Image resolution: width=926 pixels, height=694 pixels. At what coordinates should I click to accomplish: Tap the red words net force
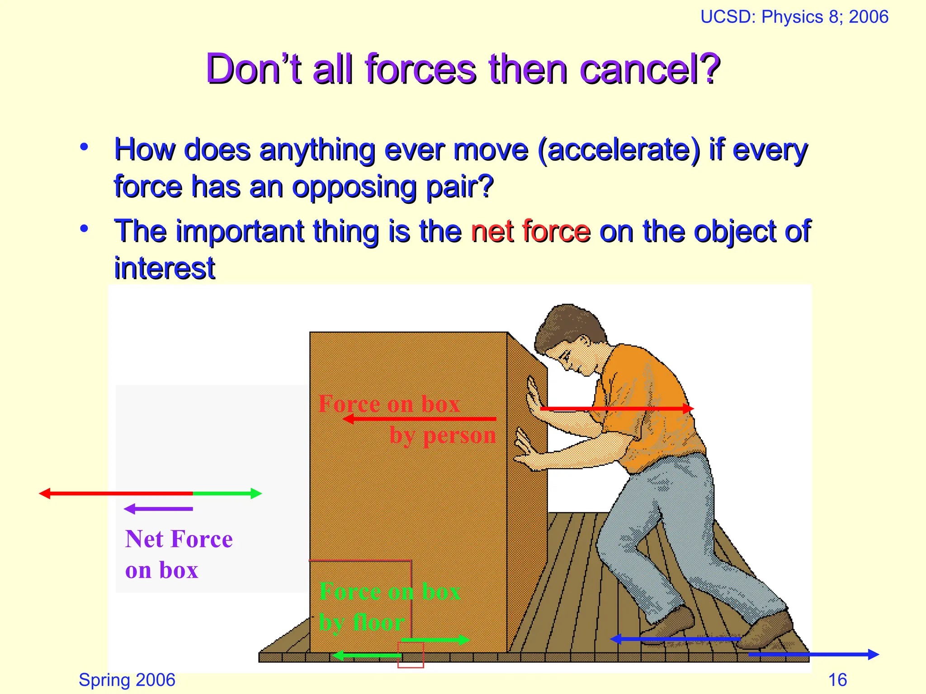tap(530, 231)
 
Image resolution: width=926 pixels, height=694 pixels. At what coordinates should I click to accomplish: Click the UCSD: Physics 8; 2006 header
tap(794, 17)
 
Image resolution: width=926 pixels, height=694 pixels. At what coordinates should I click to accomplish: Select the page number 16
tap(837, 680)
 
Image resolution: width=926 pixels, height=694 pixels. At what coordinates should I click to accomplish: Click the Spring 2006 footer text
tap(127, 680)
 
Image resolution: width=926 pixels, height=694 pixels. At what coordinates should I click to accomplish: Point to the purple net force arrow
tap(158, 509)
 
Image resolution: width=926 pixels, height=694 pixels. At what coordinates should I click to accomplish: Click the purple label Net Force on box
tap(178, 554)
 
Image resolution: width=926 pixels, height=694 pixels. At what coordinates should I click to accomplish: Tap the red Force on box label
tap(389, 403)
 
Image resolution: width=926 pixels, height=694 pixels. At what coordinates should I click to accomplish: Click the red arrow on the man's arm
tap(617, 408)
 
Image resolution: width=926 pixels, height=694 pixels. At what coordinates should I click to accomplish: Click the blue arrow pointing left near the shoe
tap(676, 639)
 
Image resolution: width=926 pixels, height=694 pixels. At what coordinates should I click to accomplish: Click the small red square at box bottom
tap(411, 655)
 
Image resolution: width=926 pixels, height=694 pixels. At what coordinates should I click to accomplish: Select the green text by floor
tap(362, 623)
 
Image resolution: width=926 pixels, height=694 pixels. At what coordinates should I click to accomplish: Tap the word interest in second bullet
tap(165, 268)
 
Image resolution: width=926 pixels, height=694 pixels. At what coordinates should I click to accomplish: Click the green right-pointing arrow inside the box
tap(435, 640)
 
